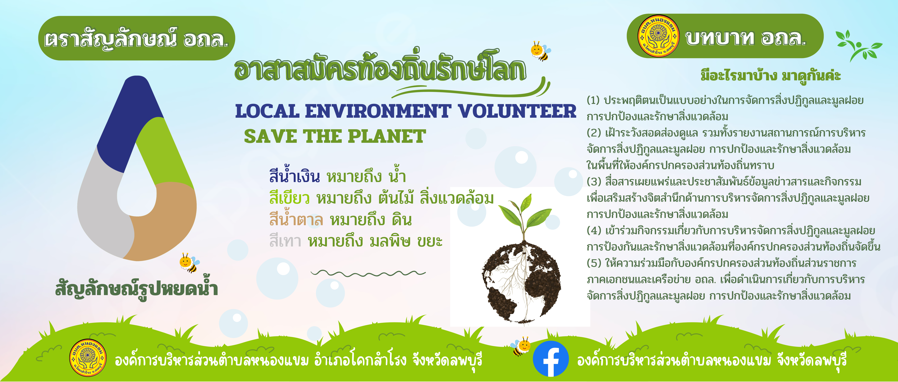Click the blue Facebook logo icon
pyautogui.click(x=551, y=359)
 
